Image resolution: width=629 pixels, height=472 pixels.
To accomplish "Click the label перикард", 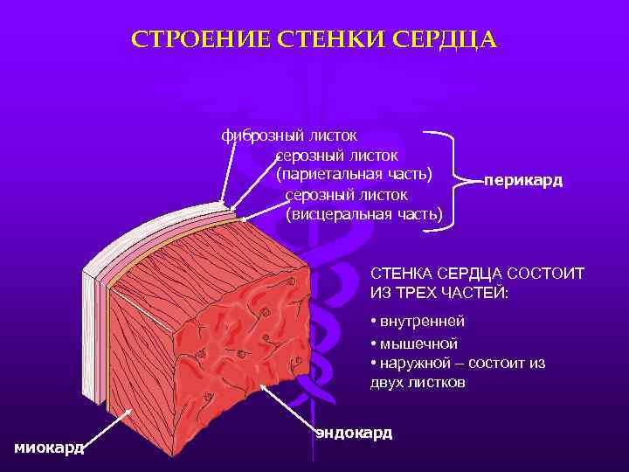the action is [523, 181].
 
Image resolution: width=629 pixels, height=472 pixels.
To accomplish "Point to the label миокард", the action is [49, 448].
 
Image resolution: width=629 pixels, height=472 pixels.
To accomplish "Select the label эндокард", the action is [354, 433].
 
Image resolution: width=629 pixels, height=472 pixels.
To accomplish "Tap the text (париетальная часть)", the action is [355, 175].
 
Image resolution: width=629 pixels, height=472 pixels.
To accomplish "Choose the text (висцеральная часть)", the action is [364, 214].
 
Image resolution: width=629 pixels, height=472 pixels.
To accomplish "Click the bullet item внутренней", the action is [423, 321].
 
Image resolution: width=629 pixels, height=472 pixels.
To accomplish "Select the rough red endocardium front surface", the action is [236, 350].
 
